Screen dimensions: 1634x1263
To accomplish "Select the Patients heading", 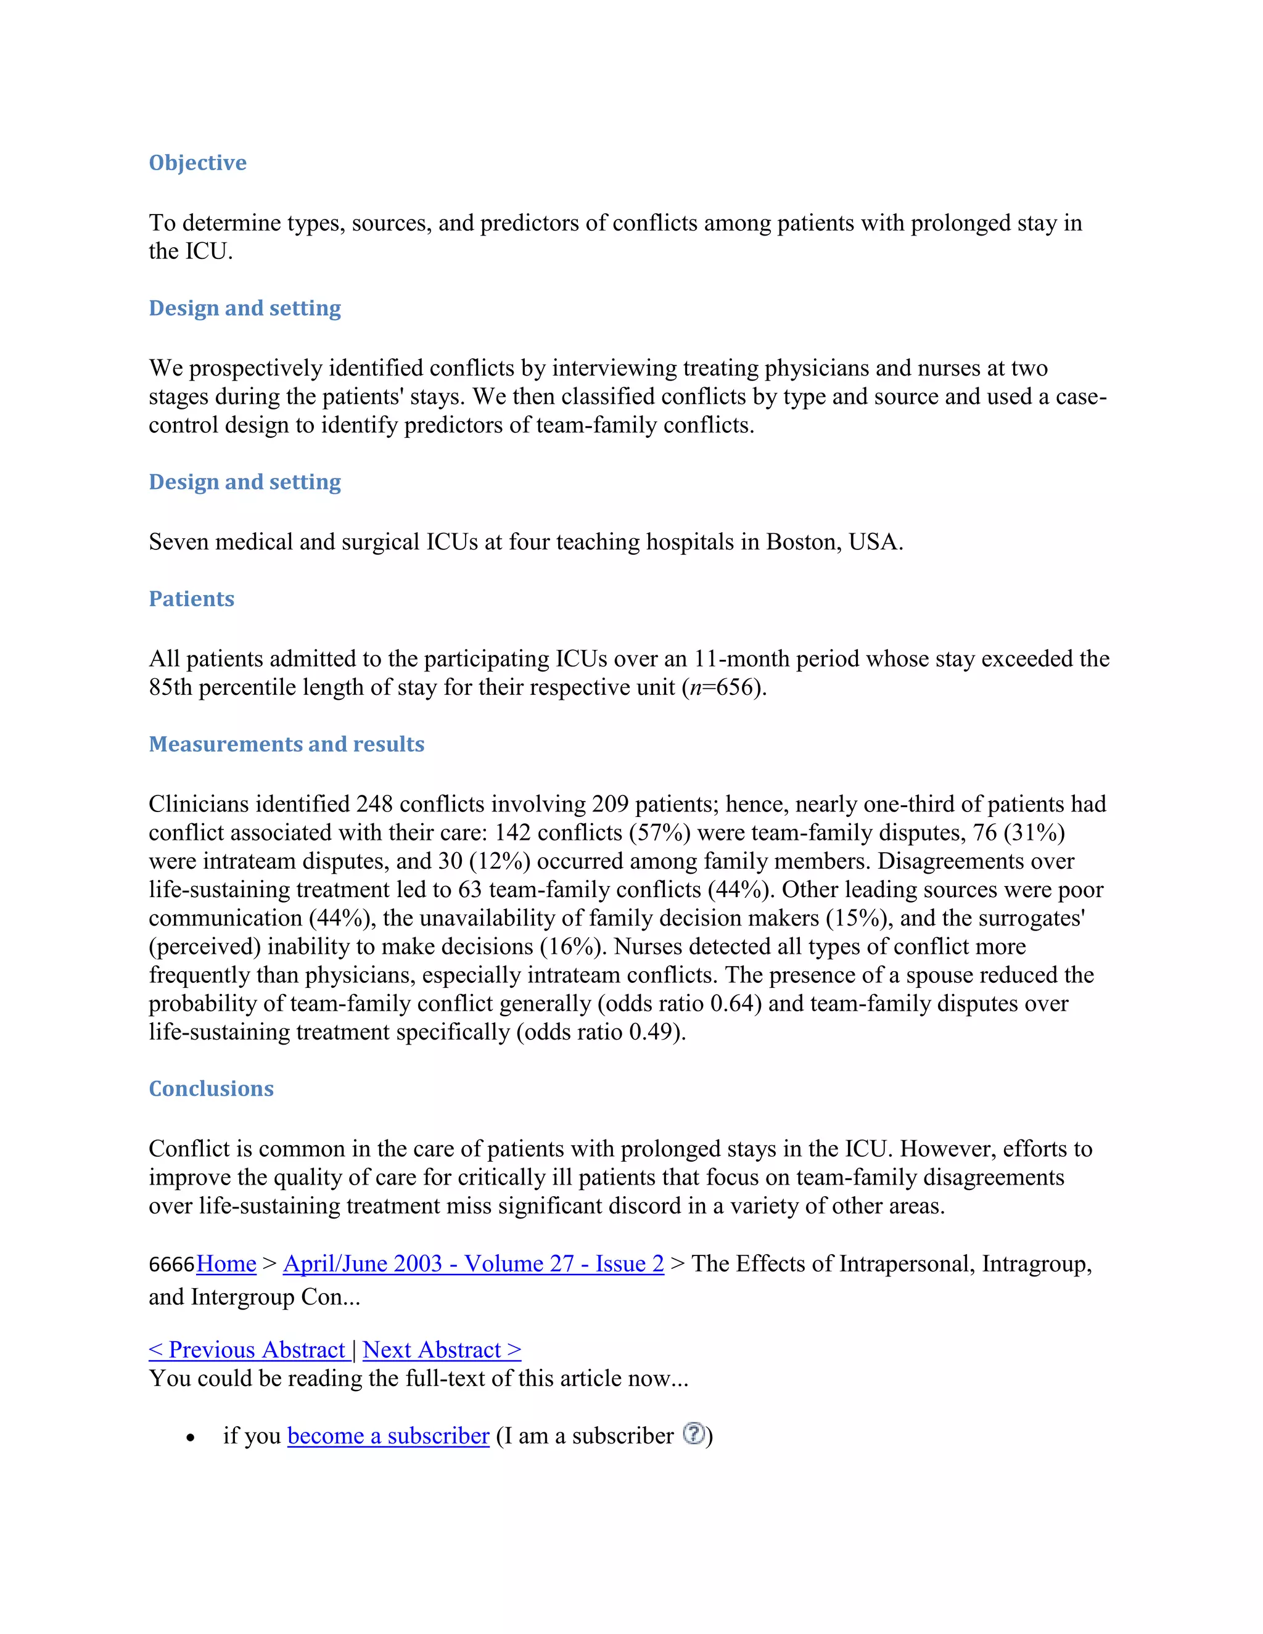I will (192, 599).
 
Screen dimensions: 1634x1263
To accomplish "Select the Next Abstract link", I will (442, 1350).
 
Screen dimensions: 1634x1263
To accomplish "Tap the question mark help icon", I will (694, 1434).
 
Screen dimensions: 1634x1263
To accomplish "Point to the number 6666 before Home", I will (171, 1265).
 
